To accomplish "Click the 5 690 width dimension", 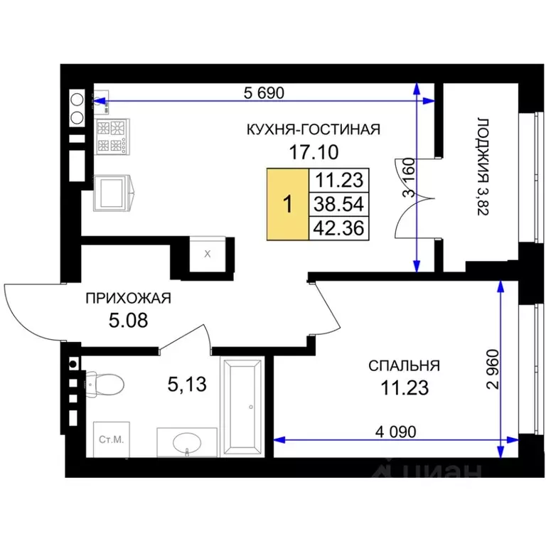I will (x=267, y=92).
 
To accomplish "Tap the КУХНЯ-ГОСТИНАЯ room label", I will (x=314, y=129).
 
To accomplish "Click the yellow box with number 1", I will (x=287, y=205).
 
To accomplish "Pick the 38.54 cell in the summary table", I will (x=338, y=205).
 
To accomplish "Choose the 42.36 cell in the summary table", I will (x=338, y=228).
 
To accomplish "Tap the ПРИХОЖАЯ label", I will (x=128, y=299).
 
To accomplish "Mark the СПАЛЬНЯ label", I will (x=404, y=366).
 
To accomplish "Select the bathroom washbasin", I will (x=186, y=442).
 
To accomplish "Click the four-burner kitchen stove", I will (x=113, y=136).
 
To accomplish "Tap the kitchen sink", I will (x=113, y=191).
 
